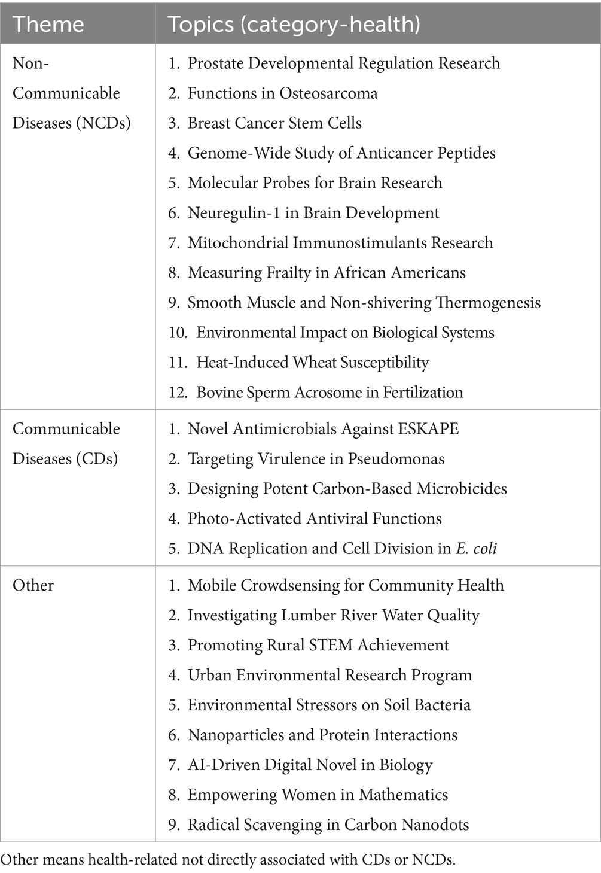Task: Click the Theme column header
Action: coord(48,24)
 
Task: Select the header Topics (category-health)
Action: coord(294,24)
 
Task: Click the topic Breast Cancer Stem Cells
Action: coord(274,123)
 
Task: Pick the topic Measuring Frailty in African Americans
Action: coord(326,273)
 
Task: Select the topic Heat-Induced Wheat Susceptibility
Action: coord(312,363)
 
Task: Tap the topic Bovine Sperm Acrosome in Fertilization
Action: coord(330,393)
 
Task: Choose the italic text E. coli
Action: coord(476,549)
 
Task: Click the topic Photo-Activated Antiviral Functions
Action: coord(315,519)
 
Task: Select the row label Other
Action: coord(33,585)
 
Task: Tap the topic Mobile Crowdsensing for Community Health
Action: coord(346,585)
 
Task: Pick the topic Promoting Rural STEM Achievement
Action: coord(318,645)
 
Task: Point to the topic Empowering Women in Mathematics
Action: coord(318,795)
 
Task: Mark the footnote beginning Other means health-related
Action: coord(228,860)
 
